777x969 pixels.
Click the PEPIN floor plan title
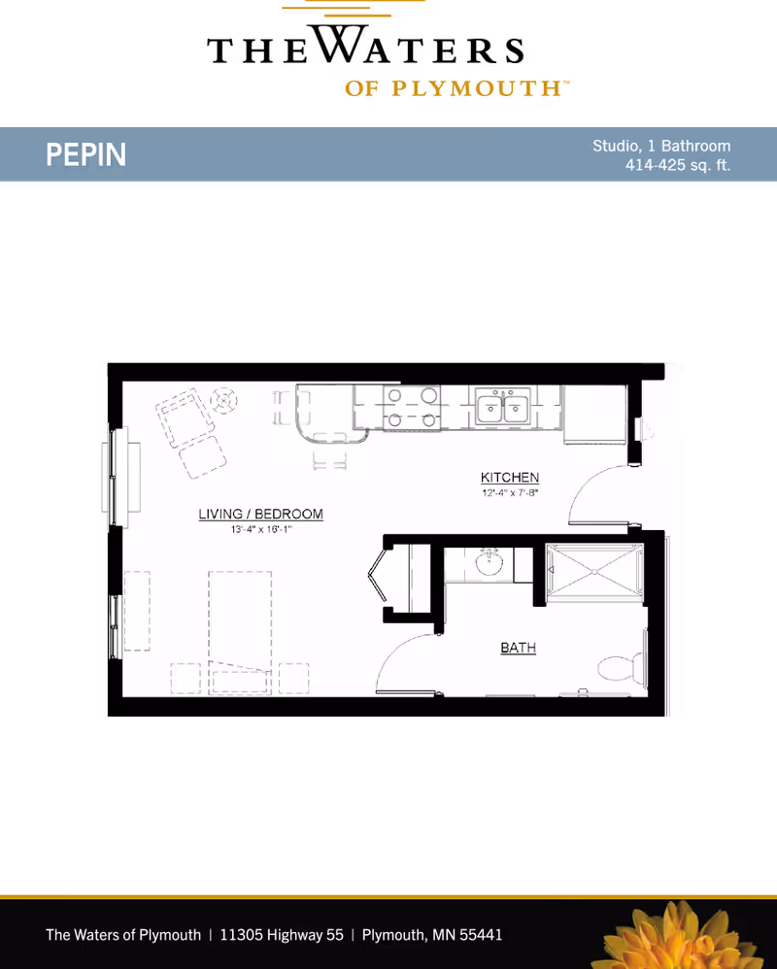[x=85, y=154]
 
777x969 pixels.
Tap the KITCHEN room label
[x=510, y=477]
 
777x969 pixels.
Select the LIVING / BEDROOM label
[x=261, y=515]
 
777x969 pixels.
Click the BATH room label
[x=518, y=648]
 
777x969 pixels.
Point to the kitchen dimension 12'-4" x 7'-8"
[x=511, y=492]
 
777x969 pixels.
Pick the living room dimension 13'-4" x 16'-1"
[x=261, y=529]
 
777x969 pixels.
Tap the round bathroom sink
[x=489, y=562]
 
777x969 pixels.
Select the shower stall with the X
[x=594, y=572]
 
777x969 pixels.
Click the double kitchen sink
[x=502, y=407]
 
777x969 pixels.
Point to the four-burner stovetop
[x=411, y=407]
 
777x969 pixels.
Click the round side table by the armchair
[x=223, y=400]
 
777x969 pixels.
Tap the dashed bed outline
[x=240, y=633]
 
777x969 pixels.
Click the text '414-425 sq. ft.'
[x=678, y=165]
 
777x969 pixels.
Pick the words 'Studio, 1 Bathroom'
[x=661, y=146]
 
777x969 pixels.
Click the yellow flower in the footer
[x=680, y=936]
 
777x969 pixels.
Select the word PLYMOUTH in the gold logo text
[x=476, y=88]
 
